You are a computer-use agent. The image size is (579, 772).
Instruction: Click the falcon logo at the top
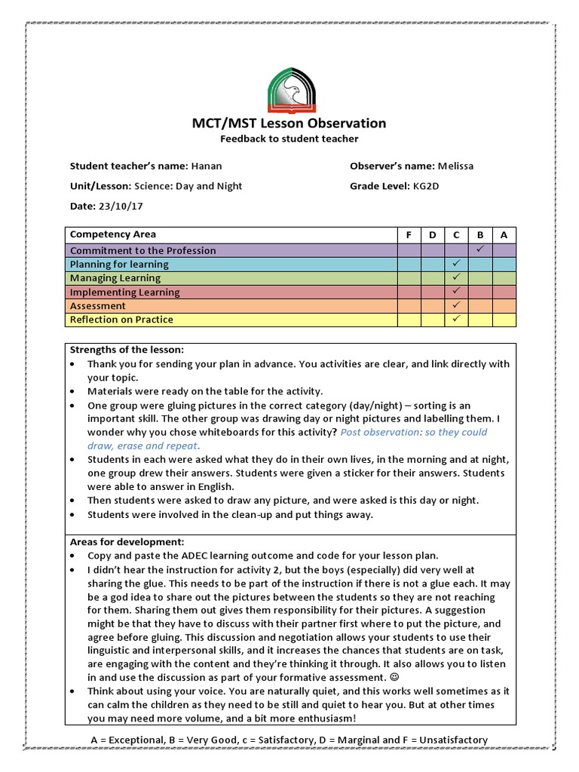292,90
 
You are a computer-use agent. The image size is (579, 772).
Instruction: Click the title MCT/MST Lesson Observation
289,124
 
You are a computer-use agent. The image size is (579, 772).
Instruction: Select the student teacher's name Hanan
207,166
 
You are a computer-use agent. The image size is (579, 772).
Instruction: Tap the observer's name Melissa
456,166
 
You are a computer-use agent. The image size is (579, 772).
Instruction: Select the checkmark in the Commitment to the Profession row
479,250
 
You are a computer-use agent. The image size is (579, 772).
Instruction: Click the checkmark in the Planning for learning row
456,264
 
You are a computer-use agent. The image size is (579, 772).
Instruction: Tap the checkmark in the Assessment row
456,305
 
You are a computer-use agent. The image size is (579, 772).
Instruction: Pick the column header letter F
409,234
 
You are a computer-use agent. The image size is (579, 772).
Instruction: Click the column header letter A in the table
504,234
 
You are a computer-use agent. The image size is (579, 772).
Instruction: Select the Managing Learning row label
115,278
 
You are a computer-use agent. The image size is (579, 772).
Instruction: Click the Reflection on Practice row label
121,320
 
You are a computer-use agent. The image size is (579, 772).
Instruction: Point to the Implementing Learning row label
124,292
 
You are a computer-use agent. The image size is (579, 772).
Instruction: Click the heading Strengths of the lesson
127,350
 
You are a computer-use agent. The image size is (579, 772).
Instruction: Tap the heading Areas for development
127,542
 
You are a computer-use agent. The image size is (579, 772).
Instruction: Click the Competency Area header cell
113,234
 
